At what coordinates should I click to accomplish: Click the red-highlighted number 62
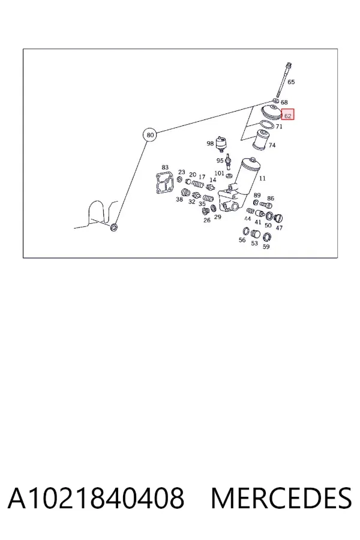(287, 116)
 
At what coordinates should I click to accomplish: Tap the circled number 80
(150, 134)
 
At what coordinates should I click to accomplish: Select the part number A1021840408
(96, 498)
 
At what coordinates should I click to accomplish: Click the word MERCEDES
(281, 498)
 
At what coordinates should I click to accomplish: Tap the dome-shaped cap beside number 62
(271, 112)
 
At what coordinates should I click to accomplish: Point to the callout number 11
(262, 178)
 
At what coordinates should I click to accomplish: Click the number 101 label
(219, 173)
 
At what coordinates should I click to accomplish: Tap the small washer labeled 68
(275, 100)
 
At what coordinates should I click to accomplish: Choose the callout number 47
(279, 227)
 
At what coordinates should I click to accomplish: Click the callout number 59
(266, 247)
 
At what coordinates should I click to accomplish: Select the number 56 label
(242, 240)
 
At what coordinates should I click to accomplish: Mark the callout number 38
(179, 199)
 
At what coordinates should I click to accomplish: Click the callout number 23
(182, 172)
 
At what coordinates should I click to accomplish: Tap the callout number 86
(271, 199)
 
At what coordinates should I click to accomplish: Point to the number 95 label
(220, 160)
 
